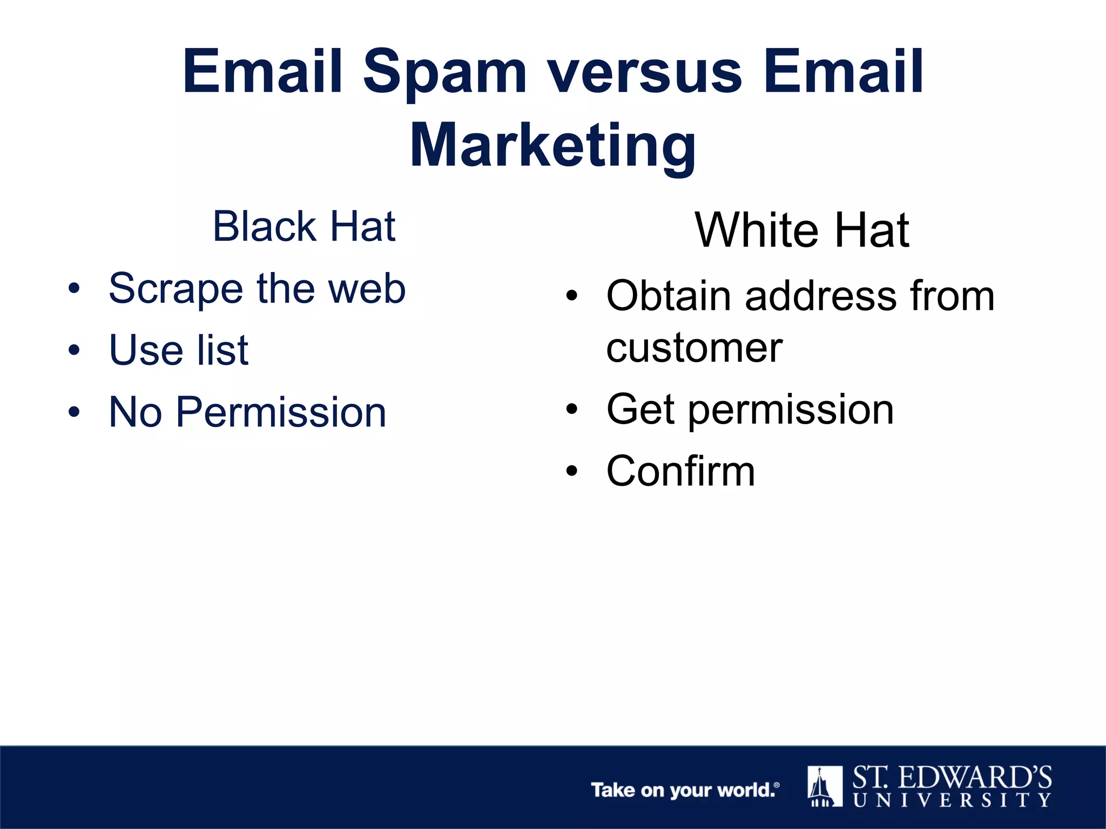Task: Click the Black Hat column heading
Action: [304, 227]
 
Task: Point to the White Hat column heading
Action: [802, 230]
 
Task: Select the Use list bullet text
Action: [178, 350]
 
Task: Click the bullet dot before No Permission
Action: [74, 412]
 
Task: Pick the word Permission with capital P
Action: [281, 412]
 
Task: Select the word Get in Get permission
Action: [640, 409]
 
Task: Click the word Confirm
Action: [680, 471]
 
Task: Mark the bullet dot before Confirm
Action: [572, 471]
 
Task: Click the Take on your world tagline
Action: [684, 790]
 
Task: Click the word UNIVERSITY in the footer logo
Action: [952, 800]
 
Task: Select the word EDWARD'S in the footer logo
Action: [975, 778]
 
